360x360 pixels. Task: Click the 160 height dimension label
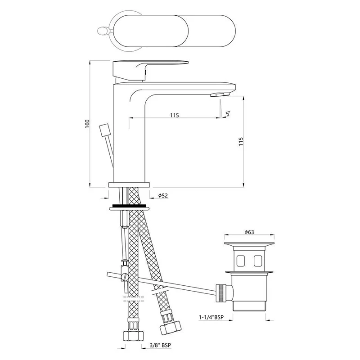pos(87,124)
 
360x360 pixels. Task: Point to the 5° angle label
pos(228,113)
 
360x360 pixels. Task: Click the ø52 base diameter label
pos(163,195)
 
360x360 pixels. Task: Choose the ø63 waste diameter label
pos(249,232)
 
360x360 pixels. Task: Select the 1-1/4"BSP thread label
pos(211,317)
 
